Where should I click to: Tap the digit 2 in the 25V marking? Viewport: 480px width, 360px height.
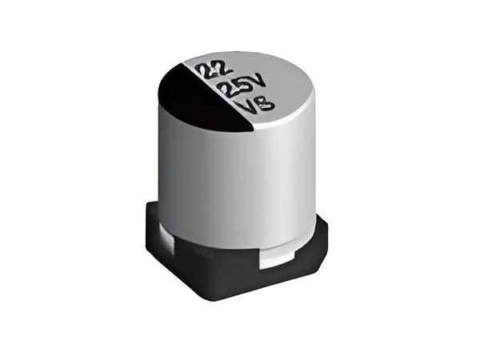pyautogui.click(x=229, y=90)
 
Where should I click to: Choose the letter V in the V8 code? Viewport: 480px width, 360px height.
pyautogui.click(x=248, y=107)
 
